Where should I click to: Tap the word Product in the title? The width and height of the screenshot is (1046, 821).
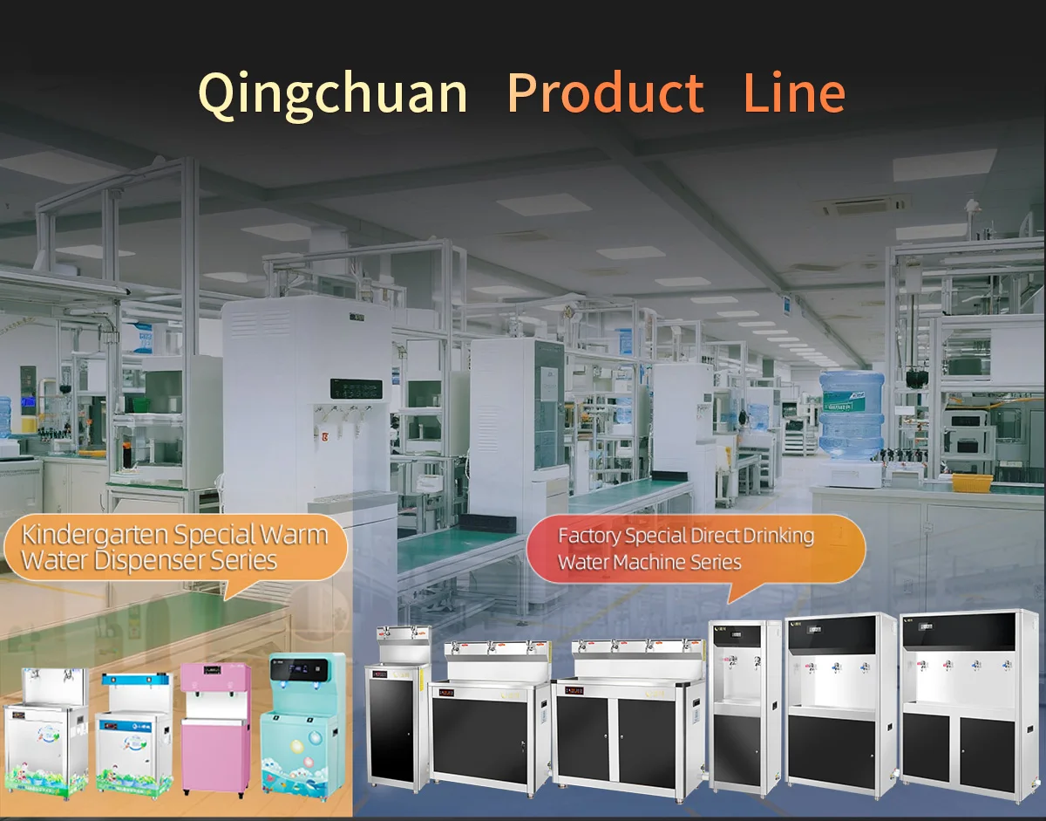coord(605,92)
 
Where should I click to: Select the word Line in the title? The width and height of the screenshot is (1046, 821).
coord(794,92)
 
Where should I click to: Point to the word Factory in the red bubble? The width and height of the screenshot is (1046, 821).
coord(589,535)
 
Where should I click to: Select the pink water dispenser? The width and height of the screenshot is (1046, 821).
coord(215,729)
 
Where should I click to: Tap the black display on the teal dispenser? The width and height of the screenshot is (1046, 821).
coord(304,670)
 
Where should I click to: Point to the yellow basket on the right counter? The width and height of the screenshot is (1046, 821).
coord(972,482)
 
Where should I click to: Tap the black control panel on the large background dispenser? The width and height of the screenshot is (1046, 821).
coord(356,390)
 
